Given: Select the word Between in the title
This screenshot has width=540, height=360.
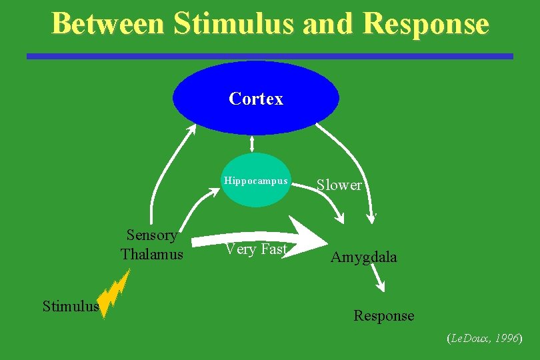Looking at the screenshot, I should coord(108,24).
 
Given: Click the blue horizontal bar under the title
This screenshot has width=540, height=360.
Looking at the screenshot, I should coord(269,57).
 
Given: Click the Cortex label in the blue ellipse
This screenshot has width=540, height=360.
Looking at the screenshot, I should coord(256,99).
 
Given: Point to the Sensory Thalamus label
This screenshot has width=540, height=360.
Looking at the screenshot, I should coord(152,244).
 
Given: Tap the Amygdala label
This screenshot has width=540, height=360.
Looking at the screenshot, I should coord(363,257).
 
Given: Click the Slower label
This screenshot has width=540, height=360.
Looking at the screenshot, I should coord(339,185).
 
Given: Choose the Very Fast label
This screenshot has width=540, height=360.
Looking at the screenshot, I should coord(256,249).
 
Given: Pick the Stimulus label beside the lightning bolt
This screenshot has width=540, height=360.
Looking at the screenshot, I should coord(70,306).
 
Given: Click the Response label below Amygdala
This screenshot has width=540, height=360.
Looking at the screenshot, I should coord(383,315).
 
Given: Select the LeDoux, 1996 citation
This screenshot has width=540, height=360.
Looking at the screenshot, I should coord(484,339).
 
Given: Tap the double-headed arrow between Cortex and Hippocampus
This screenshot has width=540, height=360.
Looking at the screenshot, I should coord(252,143).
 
